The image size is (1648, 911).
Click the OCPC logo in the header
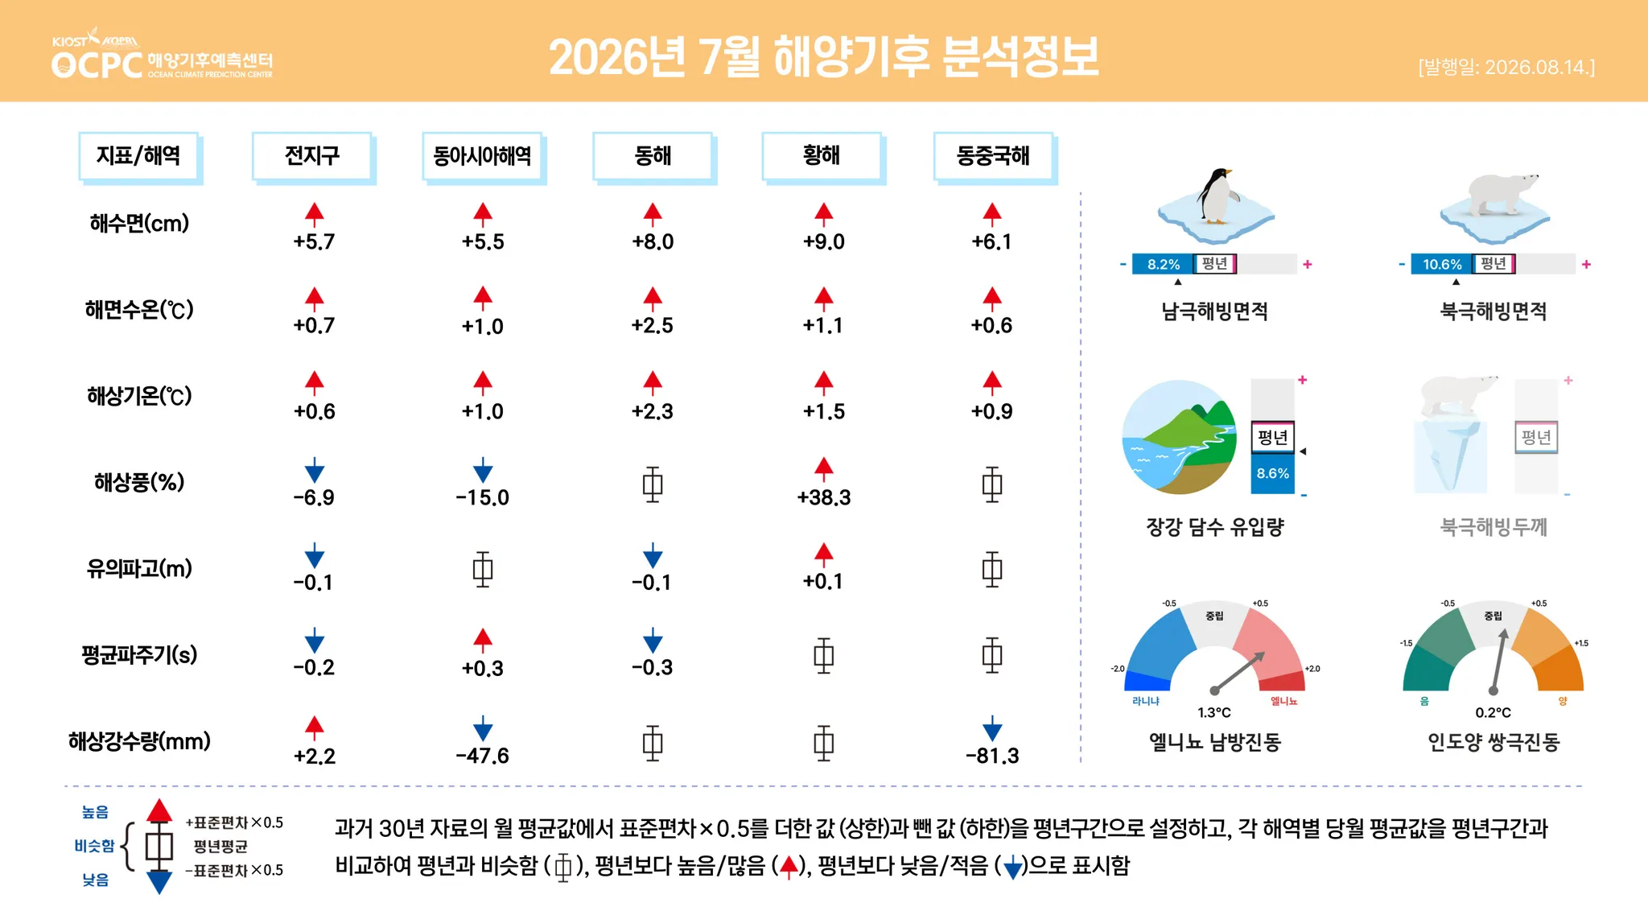point(162,54)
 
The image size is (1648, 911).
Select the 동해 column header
point(653,155)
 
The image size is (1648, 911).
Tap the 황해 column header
point(822,155)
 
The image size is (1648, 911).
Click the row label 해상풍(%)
point(139,482)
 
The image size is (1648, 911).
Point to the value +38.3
point(823,497)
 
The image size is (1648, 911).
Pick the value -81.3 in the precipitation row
point(992,756)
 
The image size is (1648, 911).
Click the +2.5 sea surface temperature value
point(653,325)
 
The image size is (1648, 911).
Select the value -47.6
point(483,756)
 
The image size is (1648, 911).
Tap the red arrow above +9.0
point(823,213)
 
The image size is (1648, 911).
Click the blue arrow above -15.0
point(483,470)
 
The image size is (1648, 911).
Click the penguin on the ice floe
point(1217,196)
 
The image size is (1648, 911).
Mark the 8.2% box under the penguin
point(1163,264)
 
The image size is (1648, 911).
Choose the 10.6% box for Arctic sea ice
point(1441,264)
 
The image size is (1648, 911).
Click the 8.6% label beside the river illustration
point(1273,473)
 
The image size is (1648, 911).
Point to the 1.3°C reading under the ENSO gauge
point(1214,712)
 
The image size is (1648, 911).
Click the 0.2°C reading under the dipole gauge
point(1493,712)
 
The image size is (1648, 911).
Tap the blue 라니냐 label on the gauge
point(1146,701)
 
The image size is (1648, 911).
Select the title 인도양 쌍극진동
point(1493,742)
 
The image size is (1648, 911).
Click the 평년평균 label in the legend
point(220,847)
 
